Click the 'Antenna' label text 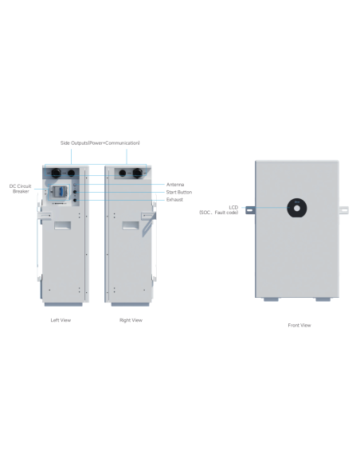pos(175,185)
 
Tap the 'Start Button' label pos(179,192)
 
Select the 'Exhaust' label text pos(174,200)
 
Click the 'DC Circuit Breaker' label pos(20,189)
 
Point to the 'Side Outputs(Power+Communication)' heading pos(100,143)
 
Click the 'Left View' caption pos(61,320)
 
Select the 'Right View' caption pos(131,320)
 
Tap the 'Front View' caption pos(299,325)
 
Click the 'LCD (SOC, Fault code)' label pos(218,209)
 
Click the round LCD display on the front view pos(297,208)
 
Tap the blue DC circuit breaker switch pos(58,191)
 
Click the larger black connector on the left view pos(57,173)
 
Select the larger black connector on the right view pos(138,173)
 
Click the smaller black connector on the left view pos(71,173)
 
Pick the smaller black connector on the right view pos(122,173)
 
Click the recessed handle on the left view pos(63,225)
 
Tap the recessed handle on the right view pos(131,225)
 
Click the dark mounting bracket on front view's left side pos(250,210)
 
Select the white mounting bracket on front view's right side pos(344,210)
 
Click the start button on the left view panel pos(75,192)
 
